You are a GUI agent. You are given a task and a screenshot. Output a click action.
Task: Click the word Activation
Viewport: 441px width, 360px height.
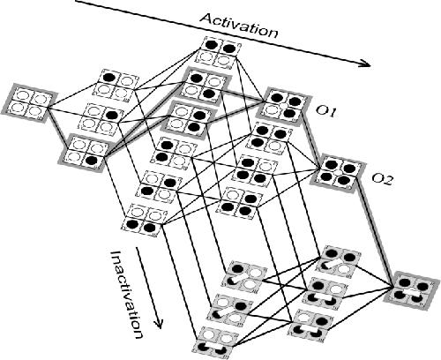coord(239,26)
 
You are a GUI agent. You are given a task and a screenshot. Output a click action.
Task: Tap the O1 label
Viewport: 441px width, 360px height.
coord(325,111)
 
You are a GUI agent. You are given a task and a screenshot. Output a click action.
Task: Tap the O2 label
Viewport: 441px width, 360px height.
coord(382,179)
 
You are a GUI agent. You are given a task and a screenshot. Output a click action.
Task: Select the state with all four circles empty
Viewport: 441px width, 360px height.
coord(29,103)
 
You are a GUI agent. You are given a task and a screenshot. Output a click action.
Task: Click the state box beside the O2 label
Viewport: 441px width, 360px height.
coord(338,173)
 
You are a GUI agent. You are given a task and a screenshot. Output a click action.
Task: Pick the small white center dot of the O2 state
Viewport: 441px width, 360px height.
coord(338,172)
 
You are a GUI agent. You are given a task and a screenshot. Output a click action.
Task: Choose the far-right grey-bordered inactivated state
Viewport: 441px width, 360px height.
coord(411,291)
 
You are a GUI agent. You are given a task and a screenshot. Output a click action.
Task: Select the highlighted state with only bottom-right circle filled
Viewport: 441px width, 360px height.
coord(85,153)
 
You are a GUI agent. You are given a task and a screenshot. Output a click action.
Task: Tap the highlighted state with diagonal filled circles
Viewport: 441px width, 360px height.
coord(204,86)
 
